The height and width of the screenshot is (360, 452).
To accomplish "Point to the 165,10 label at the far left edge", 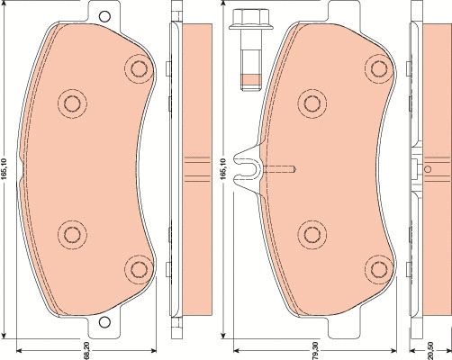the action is click(x=5, y=169).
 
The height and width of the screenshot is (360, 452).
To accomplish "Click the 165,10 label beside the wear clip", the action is click(x=222, y=169).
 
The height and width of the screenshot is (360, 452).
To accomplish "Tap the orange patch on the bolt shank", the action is click(x=250, y=79).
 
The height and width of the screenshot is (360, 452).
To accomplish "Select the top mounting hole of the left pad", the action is click(x=104, y=16).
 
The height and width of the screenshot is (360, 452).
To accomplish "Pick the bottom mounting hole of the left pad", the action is click(x=104, y=322).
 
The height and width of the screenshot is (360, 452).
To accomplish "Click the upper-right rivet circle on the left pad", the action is click(x=140, y=69).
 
